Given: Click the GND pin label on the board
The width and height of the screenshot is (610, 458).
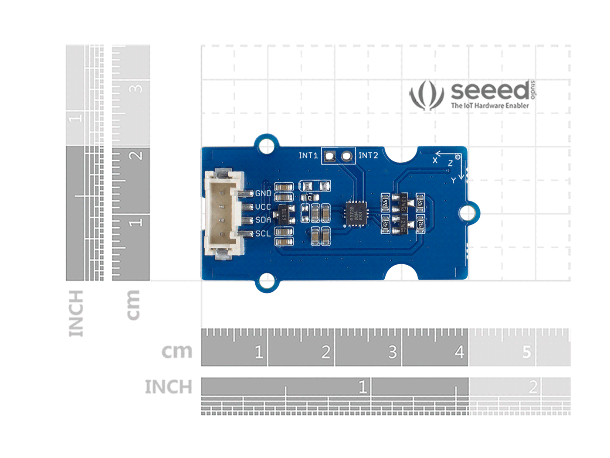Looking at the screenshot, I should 263,193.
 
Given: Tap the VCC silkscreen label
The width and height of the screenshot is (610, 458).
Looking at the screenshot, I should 263,207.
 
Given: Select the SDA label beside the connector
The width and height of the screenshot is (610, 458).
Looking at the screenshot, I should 263,220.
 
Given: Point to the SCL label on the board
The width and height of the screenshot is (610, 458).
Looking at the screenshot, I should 263,233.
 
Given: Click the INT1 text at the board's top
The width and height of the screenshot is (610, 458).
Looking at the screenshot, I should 308,155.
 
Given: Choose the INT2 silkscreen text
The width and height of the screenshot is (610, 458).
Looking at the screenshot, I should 368,155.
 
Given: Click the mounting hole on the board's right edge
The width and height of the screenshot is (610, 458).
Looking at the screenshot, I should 468,213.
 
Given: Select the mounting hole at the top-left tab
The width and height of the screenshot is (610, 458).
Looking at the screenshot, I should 266,145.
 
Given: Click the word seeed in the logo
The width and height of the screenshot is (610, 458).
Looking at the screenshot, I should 490,91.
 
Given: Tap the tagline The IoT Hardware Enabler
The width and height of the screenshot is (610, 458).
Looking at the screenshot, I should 490,106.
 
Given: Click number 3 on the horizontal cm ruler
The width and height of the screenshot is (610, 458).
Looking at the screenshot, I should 392,352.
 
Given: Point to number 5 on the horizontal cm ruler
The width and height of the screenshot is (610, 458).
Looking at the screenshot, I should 526,352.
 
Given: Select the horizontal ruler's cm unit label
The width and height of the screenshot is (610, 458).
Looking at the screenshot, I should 176,351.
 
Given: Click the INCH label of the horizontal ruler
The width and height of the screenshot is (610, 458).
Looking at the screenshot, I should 168,387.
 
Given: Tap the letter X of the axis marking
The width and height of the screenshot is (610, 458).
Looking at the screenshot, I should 435,161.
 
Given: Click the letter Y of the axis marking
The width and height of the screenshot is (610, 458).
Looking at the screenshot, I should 454,180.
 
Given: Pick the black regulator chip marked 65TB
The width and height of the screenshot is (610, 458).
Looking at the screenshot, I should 284,214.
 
